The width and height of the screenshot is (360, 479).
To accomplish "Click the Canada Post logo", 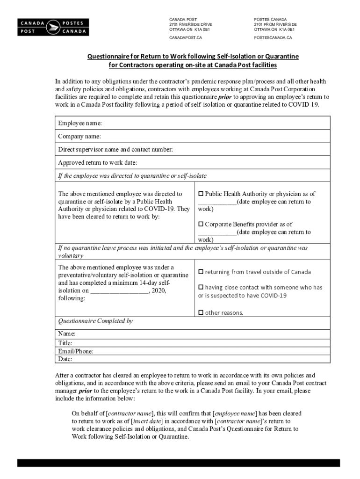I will click(52, 27).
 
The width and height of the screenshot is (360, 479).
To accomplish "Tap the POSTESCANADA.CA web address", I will click(273, 37).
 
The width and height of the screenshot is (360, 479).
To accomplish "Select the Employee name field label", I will click(80, 123).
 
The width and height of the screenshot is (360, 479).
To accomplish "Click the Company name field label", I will click(79, 136).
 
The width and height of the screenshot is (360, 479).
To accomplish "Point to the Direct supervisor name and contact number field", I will click(115, 149).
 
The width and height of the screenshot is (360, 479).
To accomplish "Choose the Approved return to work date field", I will click(98, 162).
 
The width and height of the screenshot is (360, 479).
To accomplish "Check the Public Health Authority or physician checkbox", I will click(201, 194).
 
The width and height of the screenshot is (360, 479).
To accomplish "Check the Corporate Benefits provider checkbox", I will click(201, 224).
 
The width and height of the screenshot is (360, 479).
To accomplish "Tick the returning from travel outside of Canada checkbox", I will click(201, 272).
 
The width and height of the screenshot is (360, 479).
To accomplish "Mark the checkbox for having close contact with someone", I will click(201, 287).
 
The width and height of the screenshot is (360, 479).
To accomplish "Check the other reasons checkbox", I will click(201, 312).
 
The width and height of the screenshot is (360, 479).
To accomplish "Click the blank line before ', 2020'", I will click(119, 290).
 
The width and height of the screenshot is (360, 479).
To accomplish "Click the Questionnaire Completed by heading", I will click(95, 321).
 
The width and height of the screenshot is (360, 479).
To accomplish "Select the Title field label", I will click(65, 343).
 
